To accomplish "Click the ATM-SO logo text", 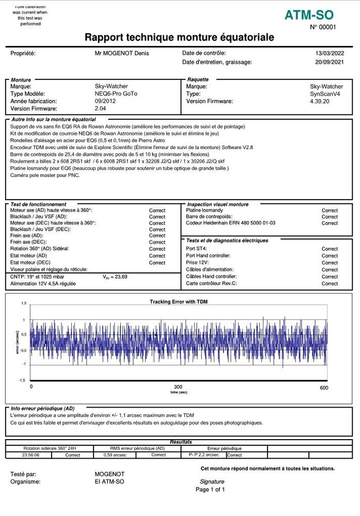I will pos(309,15).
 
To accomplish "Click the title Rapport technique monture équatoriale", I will pos(179,38).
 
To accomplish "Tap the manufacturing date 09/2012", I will pos(105,102).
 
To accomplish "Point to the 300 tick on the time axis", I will pos(178,387).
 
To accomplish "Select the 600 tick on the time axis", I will pos(324,388).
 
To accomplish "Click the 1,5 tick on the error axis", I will pos(23,303).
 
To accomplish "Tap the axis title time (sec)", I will pos(178,393).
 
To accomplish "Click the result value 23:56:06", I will pos(30,455).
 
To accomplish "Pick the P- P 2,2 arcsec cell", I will pos(201,455).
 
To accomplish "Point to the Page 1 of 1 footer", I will pos(210,489).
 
